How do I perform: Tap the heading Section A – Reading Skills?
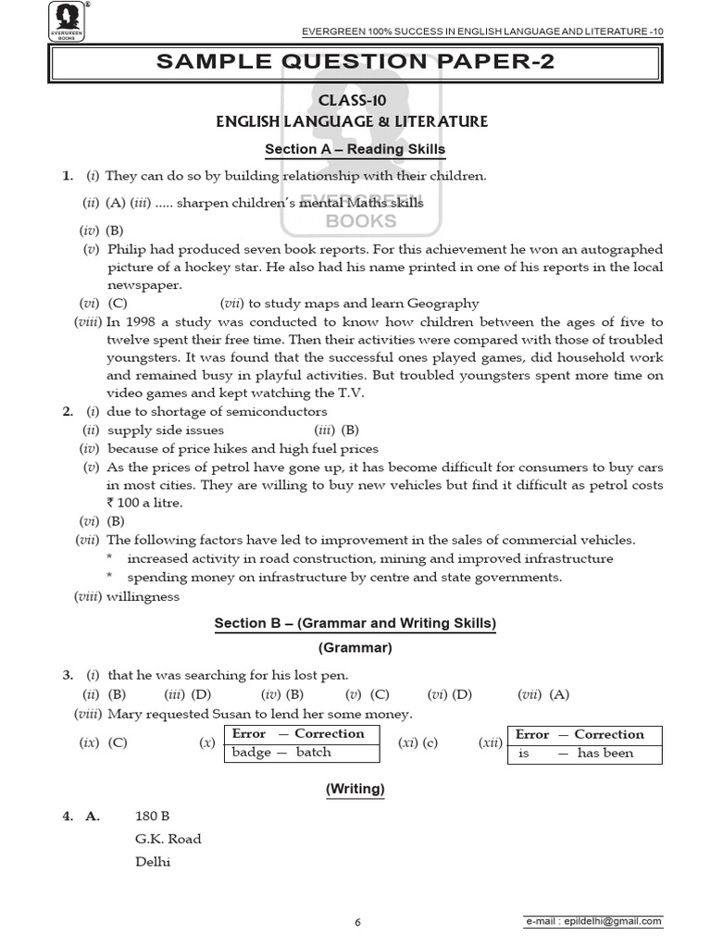tap(355, 149)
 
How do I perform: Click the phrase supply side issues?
tap(166, 430)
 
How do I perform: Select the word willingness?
tap(143, 597)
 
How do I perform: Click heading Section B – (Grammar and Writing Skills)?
tap(355, 624)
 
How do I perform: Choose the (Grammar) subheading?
tap(355, 648)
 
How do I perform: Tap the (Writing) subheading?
tap(355, 789)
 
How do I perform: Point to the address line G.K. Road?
tap(168, 839)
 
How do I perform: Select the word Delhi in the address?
tap(153, 861)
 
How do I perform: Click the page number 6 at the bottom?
tap(356, 922)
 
